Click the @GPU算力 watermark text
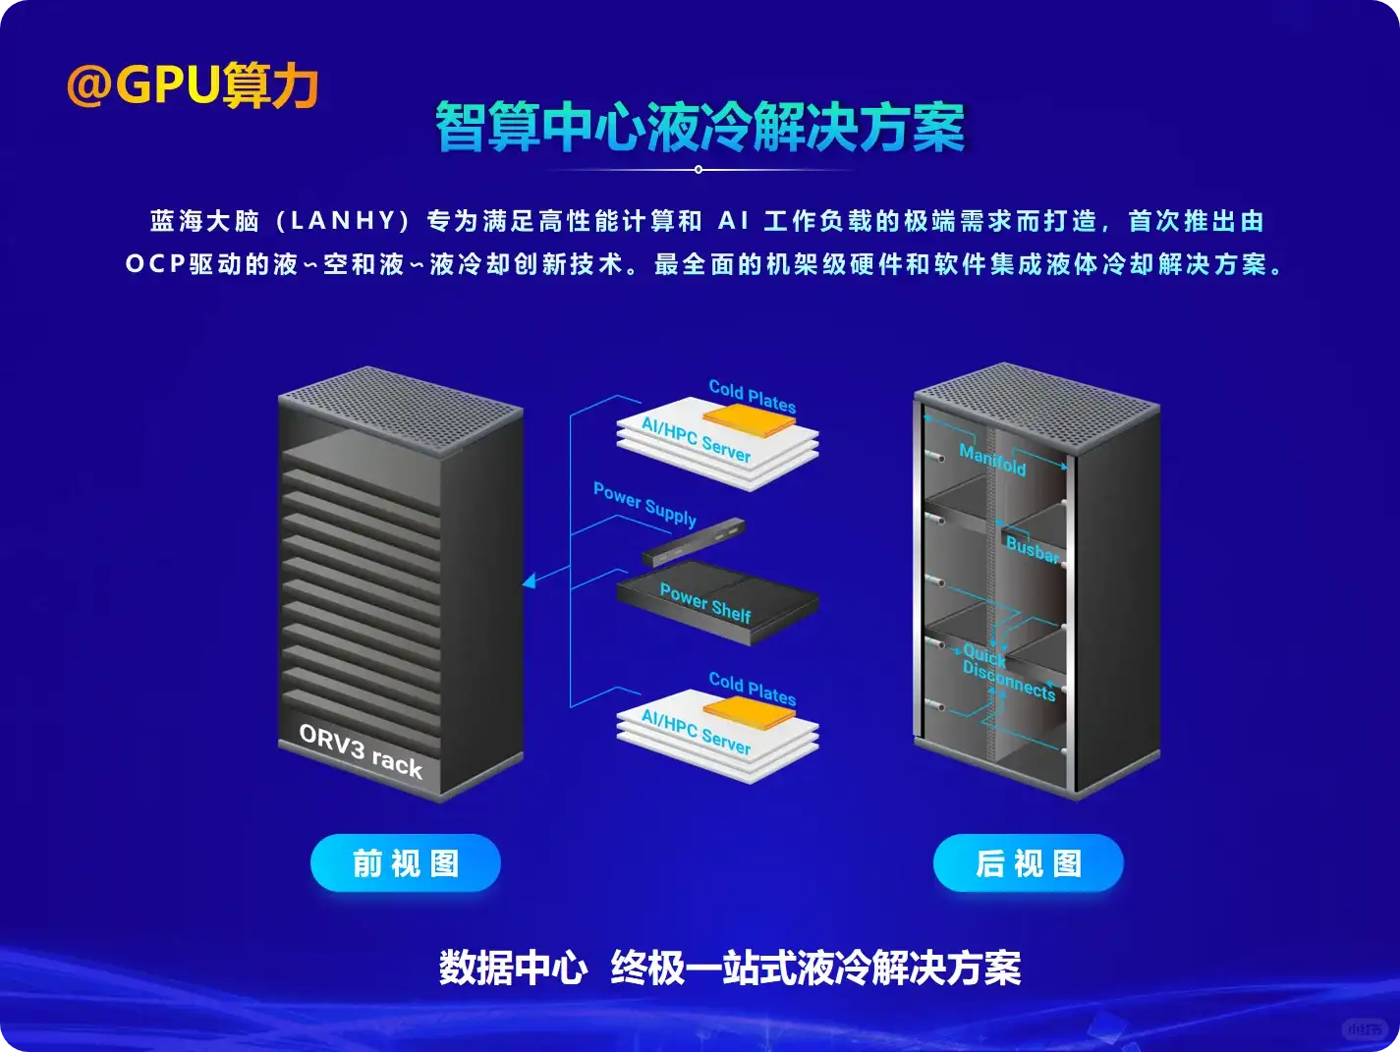coord(193,85)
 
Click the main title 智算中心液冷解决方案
coord(700,128)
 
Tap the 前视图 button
coord(406,863)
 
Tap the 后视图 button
coord(1028,863)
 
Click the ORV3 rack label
coord(361,751)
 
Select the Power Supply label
coord(644,504)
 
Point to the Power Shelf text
coord(705,602)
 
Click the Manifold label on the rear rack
coord(992,460)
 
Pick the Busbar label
coord(1033,549)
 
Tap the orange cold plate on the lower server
coord(750,709)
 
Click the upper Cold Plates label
coord(753,396)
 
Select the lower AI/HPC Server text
coord(696,733)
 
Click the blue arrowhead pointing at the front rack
coord(529,581)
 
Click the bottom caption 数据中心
coord(513,968)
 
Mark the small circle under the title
coord(699,170)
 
